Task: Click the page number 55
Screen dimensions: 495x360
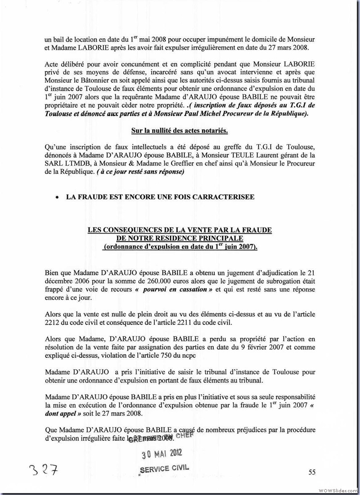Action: (x=312, y=472)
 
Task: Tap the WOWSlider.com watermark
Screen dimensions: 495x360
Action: (x=338, y=490)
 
